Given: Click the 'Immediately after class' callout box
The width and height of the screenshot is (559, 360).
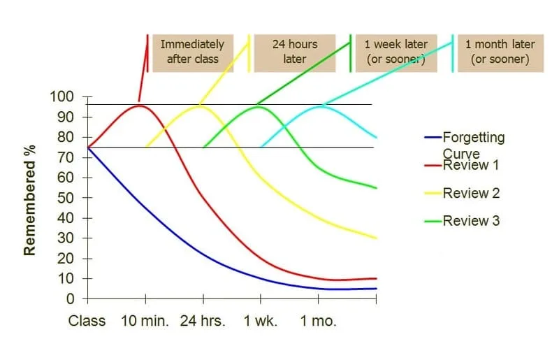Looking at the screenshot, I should pyautogui.click(x=192, y=52).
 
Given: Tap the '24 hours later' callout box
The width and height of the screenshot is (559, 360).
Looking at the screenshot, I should pyautogui.click(x=295, y=52).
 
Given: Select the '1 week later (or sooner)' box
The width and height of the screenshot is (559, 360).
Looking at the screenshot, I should pyautogui.click(x=396, y=52).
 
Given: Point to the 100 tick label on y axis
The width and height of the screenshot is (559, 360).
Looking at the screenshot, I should pyautogui.click(x=63, y=96).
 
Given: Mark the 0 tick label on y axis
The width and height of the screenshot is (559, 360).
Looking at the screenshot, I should pyautogui.click(x=70, y=299).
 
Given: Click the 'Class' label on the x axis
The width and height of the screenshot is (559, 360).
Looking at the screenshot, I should pyautogui.click(x=87, y=322).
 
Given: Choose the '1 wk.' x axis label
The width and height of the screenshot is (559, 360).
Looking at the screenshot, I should pyautogui.click(x=261, y=322).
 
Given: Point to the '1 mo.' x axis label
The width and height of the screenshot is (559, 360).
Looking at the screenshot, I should pyautogui.click(x=319, y=322).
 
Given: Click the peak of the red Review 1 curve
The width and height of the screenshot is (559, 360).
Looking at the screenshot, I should pyautogui.click(x=140, y=106).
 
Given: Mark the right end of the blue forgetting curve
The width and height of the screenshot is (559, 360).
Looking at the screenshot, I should pyautogui.click(x=377, y=288).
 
